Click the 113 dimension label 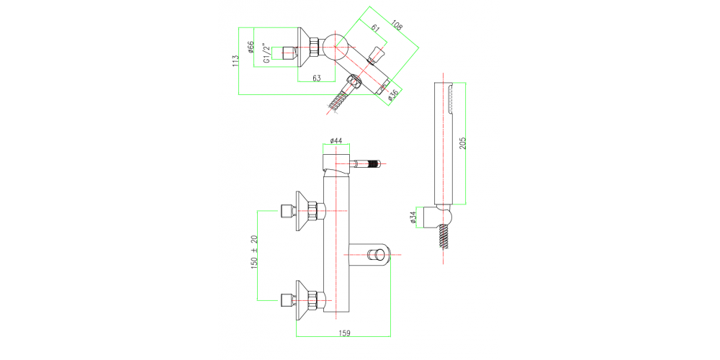click(235, 61)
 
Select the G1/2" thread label click(266, 53)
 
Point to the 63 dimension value click(316, 78)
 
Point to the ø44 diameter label click(336, 140)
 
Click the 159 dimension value click(345, 333)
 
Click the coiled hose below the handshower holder click(441, 238)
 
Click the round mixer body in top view click(336, 49)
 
